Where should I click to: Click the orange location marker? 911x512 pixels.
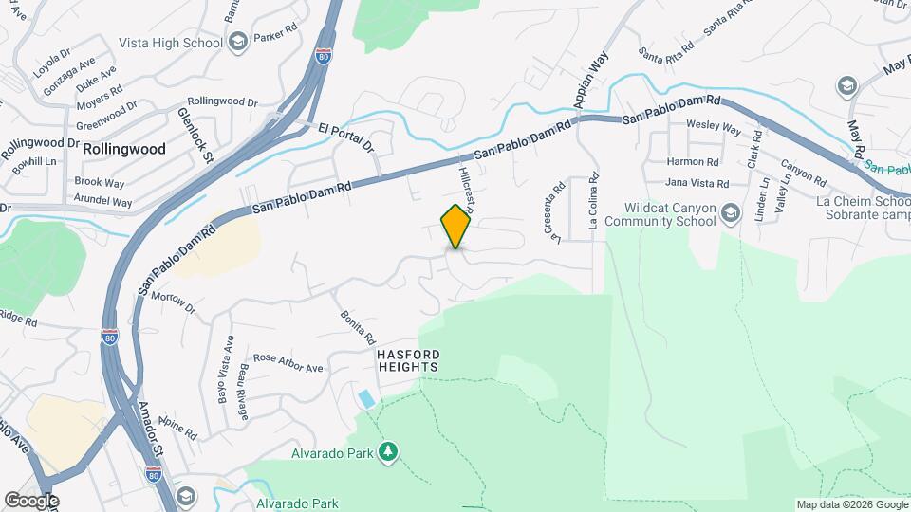click(456, 226)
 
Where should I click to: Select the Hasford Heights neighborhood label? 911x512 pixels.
click(408, 359)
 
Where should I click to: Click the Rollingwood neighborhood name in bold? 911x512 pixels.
click(124, 149)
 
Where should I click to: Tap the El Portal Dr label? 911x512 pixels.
click(346, 137)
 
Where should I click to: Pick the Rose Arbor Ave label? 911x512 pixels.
click(289, 363)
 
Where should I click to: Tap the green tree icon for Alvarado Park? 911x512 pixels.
click(387, 452)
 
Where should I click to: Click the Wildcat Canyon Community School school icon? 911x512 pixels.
click(730, 211)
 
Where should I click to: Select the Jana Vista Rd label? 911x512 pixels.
click(697, 183)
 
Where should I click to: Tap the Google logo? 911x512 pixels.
click(31, 500)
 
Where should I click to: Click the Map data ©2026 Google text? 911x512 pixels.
click(850, 504)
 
